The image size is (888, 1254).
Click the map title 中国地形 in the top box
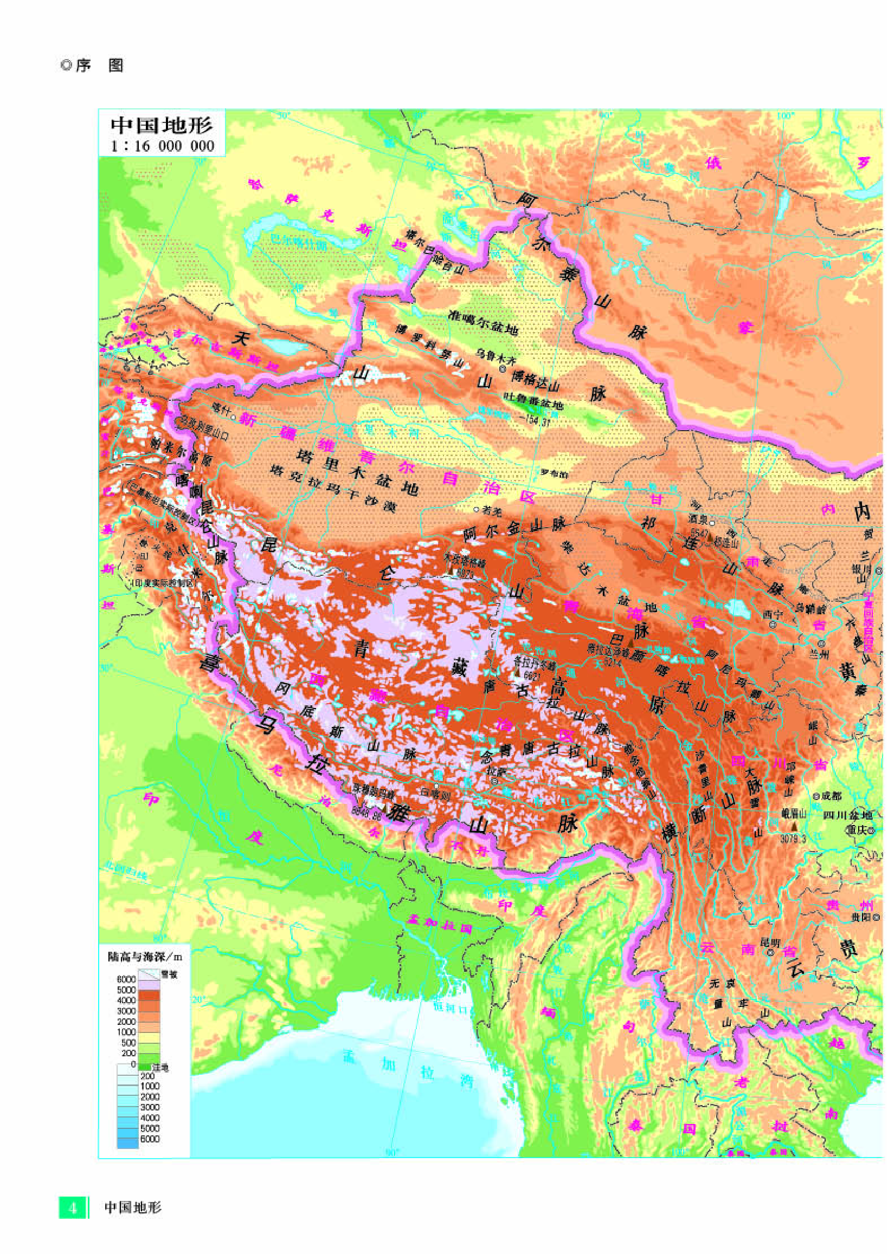coord(162,125)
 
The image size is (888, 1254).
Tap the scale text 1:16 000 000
coord(162,146)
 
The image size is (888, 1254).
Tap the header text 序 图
coord(99,66)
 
